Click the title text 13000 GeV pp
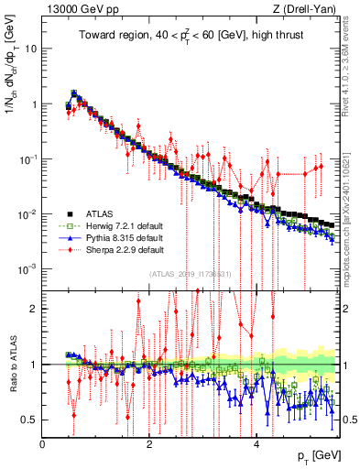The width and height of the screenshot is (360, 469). point(77,10)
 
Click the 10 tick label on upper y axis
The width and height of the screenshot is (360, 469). point(30,49)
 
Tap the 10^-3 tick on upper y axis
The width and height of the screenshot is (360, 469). point(27,268)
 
